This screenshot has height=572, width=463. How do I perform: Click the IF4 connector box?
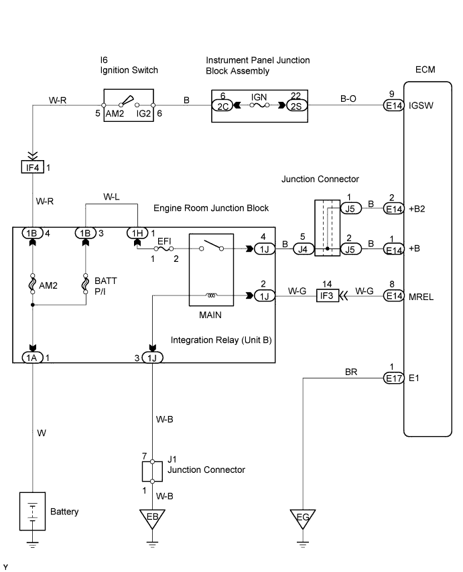coord(33,166)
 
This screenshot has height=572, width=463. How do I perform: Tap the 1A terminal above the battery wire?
coord(33,357)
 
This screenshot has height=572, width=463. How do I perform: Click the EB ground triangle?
coord(153,517)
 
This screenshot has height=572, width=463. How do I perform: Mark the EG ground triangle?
coord(303,517)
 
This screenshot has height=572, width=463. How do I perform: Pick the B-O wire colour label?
coord(349,98)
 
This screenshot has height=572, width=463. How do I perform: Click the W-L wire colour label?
coord(113,198)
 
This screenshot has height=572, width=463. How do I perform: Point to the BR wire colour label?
coord(351,370)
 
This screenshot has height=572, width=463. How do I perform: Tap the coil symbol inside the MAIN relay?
coord(212,295)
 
